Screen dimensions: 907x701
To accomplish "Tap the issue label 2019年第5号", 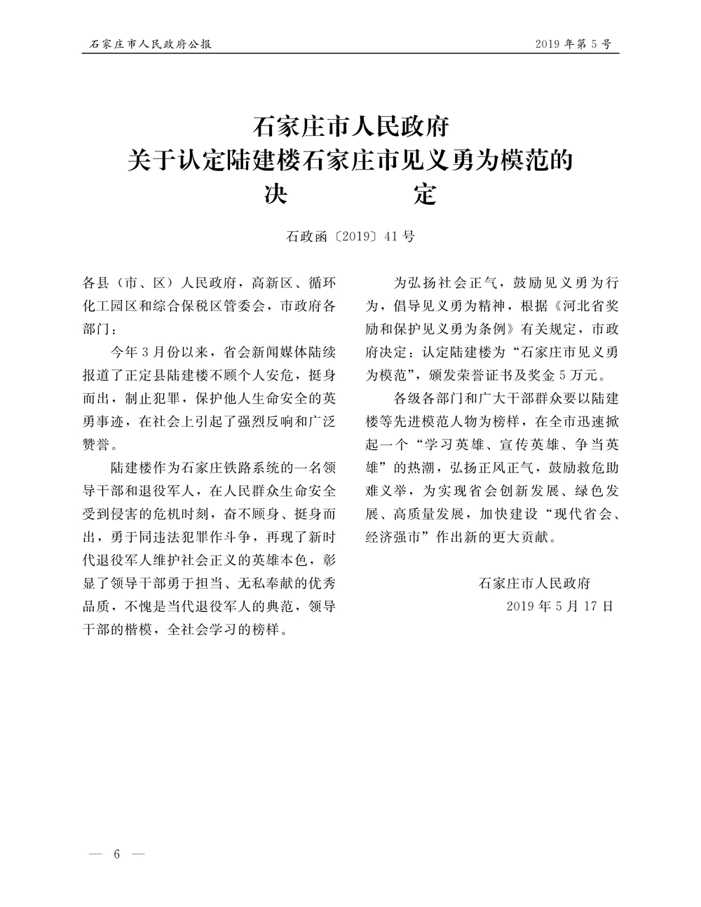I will click(x=573, y=44).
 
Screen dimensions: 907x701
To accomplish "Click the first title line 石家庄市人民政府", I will click(x=350, y=128).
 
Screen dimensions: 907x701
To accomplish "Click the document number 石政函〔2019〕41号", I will click(x=350, y=236).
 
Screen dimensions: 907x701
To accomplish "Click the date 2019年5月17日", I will click(x=559, y=606).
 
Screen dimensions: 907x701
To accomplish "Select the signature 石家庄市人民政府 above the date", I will click(x=534, y=582).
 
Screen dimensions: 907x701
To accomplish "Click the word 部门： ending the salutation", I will click(x=101, y=329).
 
